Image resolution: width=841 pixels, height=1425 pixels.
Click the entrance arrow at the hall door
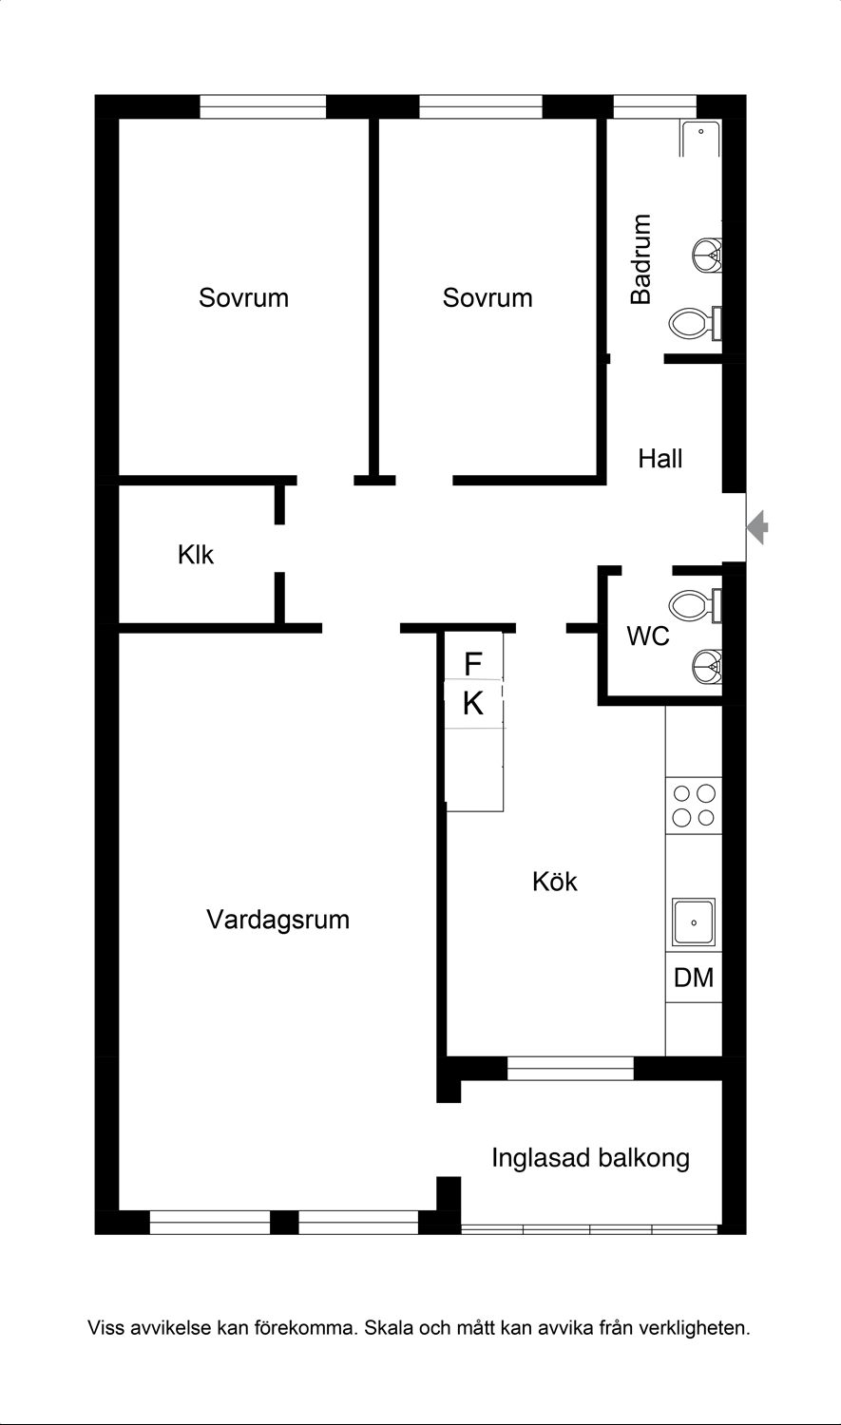757,527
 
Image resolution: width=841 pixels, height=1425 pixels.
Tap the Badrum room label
641,259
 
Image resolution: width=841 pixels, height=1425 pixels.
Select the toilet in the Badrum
695,323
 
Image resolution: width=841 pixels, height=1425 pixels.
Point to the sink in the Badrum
707,256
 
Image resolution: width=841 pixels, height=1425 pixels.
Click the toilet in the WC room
695,606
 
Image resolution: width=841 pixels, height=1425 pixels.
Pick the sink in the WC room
707,666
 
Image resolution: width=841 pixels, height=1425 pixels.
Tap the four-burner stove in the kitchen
694,806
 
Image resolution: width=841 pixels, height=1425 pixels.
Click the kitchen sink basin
694,922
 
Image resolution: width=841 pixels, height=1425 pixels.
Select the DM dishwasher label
694,978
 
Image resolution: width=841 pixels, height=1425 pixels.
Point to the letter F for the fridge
472,664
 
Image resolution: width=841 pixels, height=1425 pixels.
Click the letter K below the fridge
473,704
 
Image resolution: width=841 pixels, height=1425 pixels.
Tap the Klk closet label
196,555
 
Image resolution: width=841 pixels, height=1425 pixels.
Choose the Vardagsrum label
278,920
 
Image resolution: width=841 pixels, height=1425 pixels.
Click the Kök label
555,882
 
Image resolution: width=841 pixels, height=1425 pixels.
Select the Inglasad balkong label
590,1158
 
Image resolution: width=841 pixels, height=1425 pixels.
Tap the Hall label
660,459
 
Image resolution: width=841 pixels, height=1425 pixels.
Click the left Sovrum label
243,297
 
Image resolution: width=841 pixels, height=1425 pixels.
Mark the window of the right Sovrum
480,106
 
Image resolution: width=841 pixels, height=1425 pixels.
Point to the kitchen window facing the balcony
570,1068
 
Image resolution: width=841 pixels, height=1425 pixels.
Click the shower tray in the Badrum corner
700,138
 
